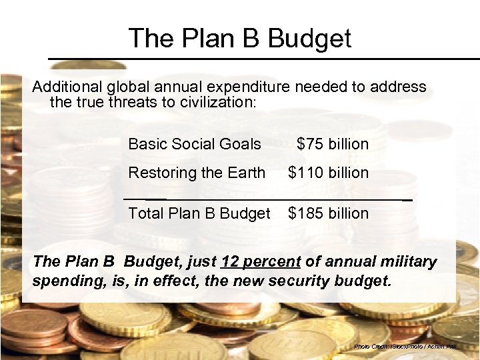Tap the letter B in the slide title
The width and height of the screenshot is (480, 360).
pos(253,38)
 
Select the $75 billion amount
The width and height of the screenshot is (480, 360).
pos(333,144)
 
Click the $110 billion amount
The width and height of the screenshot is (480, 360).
pos(328,173)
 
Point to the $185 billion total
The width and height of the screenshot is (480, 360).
pos(328,213)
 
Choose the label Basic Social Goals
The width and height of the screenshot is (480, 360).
pos(195,144)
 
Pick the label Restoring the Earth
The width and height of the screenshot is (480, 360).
pos(197,173)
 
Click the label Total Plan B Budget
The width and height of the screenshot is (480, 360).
pos(199,213)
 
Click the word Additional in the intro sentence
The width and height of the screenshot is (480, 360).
pos(65,87)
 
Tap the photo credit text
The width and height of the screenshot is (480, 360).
pos(414,347)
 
